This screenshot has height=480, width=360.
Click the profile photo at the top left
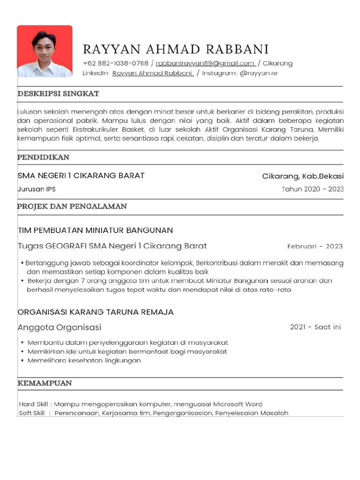pos(45,51)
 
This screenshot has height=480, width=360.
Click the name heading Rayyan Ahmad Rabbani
pos(176,49)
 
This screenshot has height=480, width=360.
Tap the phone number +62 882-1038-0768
pos(115,63)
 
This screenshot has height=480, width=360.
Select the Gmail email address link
pos(205,63)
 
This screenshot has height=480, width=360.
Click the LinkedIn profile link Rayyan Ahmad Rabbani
pos(153,73)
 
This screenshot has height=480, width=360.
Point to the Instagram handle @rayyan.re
pos(258,73)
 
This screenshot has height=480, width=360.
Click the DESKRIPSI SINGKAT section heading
pos(58,94)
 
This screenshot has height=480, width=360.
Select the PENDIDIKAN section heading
pos(44,157)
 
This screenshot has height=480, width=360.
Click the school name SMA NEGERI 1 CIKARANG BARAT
pos(81,176)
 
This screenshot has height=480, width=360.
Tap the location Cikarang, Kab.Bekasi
pos(302,176)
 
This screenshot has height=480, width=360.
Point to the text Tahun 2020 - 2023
pos(312,189)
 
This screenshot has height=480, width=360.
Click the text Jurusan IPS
pos(37,189)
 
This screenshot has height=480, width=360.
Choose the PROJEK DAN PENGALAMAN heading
pos(72,206)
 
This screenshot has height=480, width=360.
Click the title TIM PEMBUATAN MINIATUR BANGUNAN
pos(95,230)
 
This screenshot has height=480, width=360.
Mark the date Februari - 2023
pos(315,247)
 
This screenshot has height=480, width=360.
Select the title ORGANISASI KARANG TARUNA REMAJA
pos(96,312)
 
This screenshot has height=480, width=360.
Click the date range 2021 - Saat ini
pos(315,327)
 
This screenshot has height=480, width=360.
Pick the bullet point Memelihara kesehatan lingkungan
pos(84,360)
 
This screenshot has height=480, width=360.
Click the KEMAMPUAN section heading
pos(45,383)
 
